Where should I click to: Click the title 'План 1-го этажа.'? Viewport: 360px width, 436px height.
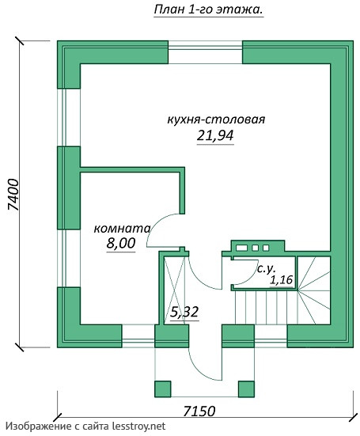(x=209, y=10)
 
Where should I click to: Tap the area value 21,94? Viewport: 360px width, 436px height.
(x=215, y=135)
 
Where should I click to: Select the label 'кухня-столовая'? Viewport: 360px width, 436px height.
(x=216, y=119)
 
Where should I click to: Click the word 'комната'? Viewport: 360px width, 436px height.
(x=122, y=229)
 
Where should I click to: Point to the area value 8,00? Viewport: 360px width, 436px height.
(x=121, y=243)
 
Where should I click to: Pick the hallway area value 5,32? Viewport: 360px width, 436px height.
(x=184, y=312)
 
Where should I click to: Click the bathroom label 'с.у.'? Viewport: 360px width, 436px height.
(x=266, y=269)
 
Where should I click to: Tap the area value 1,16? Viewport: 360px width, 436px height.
(x=282, y=280)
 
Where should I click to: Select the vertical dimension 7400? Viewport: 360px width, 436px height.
(x=13, y=195)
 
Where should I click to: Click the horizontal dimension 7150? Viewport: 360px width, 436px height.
(x=199, y=411)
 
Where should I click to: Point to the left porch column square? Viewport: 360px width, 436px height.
(x=163, y=389)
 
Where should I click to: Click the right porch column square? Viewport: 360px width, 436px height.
(x=246, y=389)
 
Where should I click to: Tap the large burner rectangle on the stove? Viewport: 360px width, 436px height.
(x=241, y=248)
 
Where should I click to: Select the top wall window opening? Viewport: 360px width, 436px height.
(x=205, y=52)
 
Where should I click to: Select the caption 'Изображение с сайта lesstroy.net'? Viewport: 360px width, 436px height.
(x=85, y=427)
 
